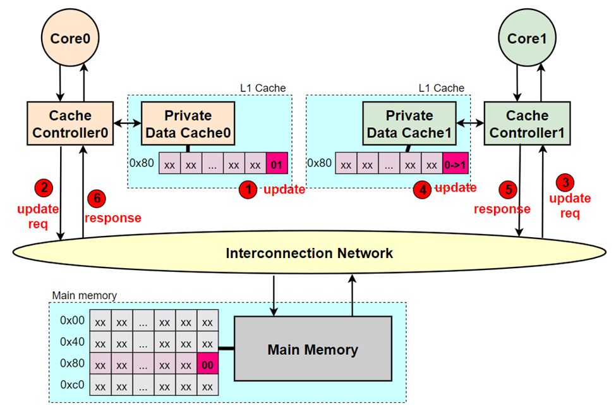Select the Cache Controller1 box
(x=528, y=124)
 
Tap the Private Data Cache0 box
(x=188, y=124)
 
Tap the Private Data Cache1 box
(x=409, y=124)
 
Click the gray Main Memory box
(x=313, y=350)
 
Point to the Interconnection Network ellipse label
(x=310, y=254)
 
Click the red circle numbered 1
(x=250, y=189)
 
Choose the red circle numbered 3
(x=564, y=183)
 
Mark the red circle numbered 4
(x=423, y=189)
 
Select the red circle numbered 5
(x=508, y=188)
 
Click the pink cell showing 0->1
(x=454, y=164)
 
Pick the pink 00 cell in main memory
(x=207, y=365)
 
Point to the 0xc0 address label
(x=71, y=385)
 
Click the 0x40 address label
(x=71, y=342)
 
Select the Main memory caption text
(x=84, y=295)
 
